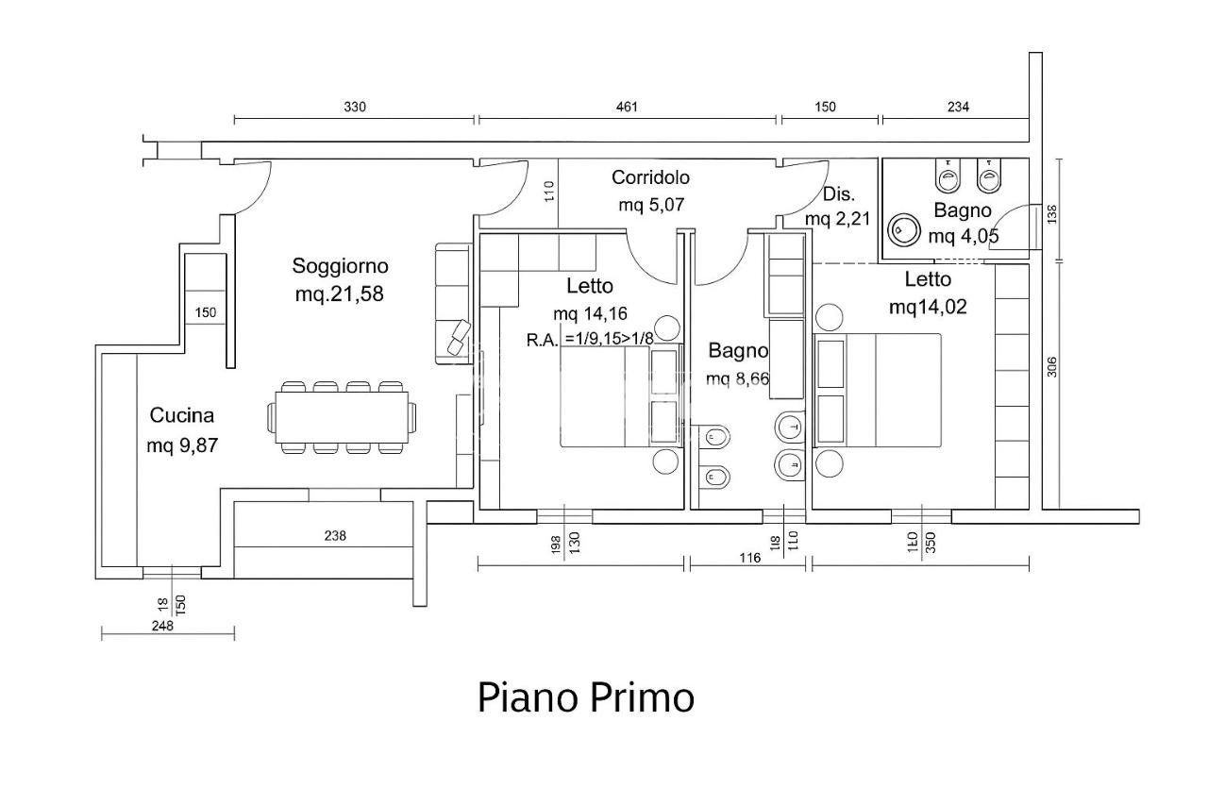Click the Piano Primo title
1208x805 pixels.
coord(585,697)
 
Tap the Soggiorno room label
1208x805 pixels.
coord(340,266)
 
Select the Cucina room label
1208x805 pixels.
coord(182,415)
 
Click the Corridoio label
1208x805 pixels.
coord(650,177)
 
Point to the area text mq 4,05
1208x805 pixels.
coord(964,236)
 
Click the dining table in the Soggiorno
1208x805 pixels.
coord(342,416)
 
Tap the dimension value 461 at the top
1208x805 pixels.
coord(627,107)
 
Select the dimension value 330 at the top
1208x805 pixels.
coord(354,107)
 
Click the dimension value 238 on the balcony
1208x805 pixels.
coord(335,536)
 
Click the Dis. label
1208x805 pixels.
coord(838,194)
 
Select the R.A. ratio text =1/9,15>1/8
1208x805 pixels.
coord(621,339)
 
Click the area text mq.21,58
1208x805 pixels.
coord(340,293)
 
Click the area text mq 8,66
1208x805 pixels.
coord(737,379)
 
